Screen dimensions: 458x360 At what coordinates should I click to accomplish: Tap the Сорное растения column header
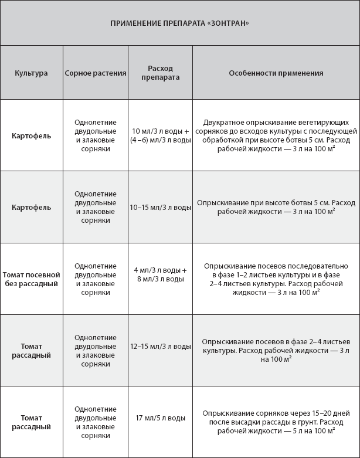tap(96, 73)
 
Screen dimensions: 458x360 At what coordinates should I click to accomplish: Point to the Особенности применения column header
tap(276, 73)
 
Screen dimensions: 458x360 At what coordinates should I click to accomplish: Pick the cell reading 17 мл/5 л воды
tap(160, 418)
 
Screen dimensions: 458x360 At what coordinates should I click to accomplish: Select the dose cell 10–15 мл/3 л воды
tap(160, 207)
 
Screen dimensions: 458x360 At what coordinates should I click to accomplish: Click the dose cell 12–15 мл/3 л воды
tap(160, 346)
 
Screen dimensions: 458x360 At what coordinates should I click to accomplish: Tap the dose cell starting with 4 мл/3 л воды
tap(160, 274)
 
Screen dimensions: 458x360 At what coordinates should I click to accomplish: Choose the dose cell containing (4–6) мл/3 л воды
tap(160, 140)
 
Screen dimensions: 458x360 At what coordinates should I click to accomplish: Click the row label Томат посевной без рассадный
tap(32, 279)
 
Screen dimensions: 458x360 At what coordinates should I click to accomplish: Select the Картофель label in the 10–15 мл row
tap(32, 207)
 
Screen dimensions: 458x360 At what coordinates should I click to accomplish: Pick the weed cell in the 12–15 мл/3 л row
tap(96, 351)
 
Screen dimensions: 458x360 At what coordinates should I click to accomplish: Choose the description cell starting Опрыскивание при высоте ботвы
tap(276, 207)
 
